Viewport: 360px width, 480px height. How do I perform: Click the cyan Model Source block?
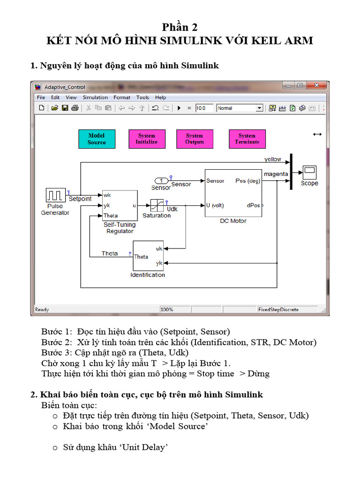click(97, 139)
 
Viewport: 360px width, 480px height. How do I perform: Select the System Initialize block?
click(147, 139)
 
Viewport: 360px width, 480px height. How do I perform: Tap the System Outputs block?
click(195, 139)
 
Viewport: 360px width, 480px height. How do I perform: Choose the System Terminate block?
click(247, 139)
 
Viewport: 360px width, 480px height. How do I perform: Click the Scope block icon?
click(309, 172)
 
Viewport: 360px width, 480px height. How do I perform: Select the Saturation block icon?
click(156, 205)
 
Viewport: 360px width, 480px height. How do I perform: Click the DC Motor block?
click(233, 193)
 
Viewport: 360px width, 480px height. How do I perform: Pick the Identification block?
click(148, 255)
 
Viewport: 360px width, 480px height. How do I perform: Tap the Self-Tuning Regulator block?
click(120, 205)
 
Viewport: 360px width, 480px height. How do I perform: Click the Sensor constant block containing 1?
click(161, 181)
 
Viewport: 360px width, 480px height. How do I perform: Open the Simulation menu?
click(95, 97)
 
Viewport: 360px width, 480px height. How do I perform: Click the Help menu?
click(160, 97)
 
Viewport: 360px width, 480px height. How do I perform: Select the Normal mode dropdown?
click(240, 108)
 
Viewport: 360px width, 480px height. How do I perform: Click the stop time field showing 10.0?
click(204, 108)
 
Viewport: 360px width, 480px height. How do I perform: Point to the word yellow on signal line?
click(272, 159)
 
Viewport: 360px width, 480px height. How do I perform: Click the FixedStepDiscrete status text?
click(278, 309)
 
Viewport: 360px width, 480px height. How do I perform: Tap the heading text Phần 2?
click(180, 27)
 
